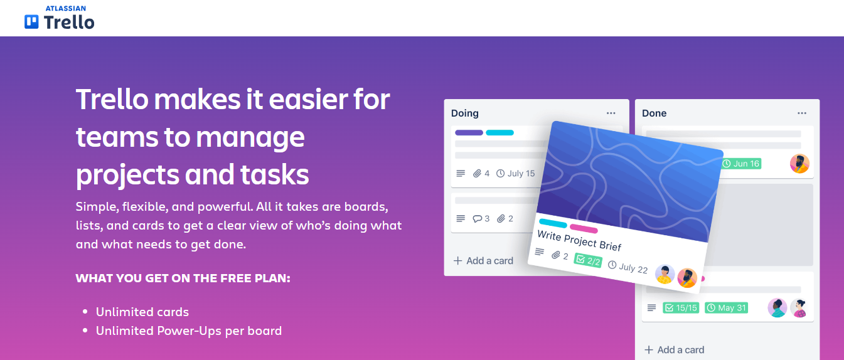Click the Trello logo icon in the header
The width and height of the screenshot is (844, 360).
[x=31, y=22]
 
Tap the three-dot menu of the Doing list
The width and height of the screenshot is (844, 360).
[x=611, y=113]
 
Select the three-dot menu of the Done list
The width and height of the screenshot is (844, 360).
[x=802, y=113]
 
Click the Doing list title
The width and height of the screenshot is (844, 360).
[x=465, y=114]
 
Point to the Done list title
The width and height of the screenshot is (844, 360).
[x=654, y=114]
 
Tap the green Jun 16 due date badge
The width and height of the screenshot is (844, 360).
[x=741, y=164]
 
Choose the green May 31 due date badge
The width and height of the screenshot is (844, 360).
[x=727, y=308]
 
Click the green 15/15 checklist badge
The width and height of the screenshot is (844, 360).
[x=681, y=308]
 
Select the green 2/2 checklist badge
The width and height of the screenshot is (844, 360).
[x=588, y=260]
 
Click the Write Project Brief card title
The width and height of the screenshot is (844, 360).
[x=579, y=239]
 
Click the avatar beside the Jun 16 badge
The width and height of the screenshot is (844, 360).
[x=799, y=164]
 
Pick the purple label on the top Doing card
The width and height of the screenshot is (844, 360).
[x=469, y=132]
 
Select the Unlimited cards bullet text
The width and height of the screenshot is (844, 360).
[x=142, y=312]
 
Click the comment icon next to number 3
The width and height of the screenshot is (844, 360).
[x=478, y=219]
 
